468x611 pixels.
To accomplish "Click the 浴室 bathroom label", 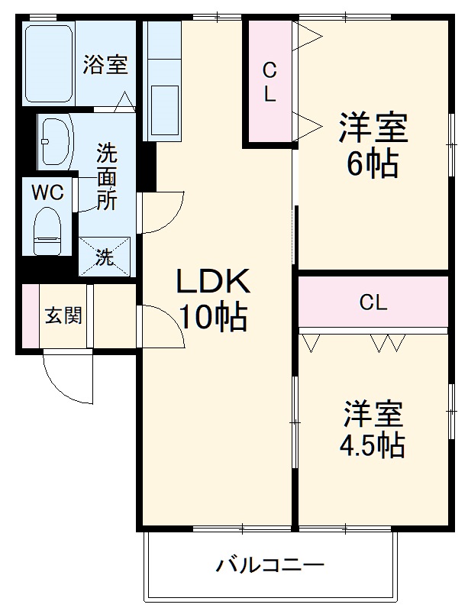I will (x=105, y=65).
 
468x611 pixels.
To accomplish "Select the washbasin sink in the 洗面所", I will (x=55, y=141).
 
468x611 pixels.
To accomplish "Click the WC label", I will (x=47, y=192).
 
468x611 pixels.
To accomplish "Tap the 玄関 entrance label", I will (x=63, y=315).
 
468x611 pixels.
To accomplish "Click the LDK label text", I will (x=213, y=283).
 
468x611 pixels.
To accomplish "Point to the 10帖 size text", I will (x=213, y=316).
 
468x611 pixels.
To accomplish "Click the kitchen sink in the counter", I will (x=163, y=107).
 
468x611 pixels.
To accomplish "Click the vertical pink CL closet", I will (x=269, y=82).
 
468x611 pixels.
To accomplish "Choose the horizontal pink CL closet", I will (x=373, y=302).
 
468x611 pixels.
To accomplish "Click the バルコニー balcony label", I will (x=270, y=566).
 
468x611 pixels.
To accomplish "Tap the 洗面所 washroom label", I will (x=106, y=177).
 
